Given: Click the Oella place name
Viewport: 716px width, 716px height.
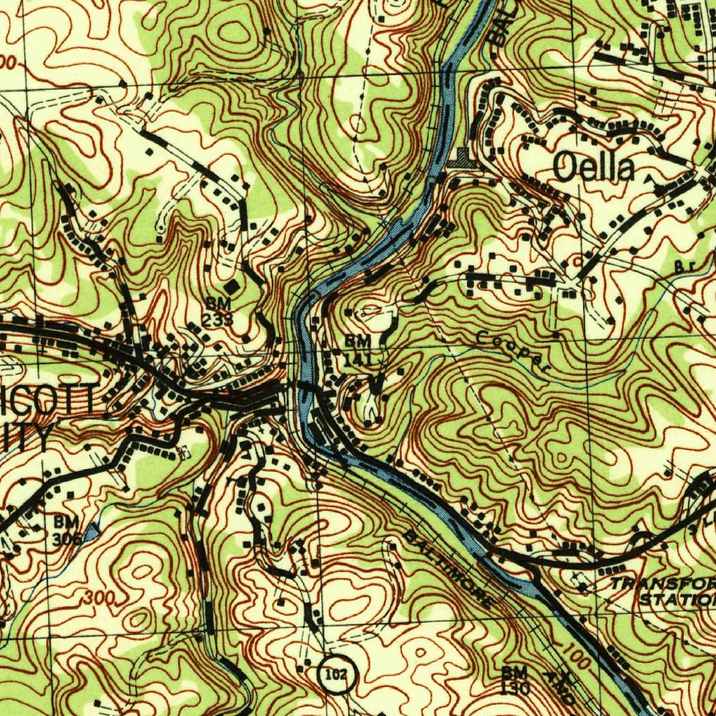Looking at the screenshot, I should [594, 169].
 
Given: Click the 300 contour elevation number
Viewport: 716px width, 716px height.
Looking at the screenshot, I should [99, 599].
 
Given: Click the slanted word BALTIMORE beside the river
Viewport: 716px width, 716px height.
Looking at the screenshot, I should [448, 568].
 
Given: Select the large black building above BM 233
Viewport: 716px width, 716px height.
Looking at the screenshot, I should [231, 287].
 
